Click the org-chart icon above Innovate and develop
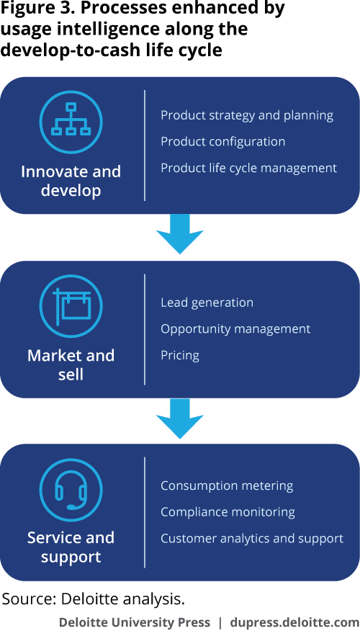pyautogui.click(x=71, y=120)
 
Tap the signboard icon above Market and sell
pyautogui.click(x=71, y=305)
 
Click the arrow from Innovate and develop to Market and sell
pyautogui.click(x=180, y=234)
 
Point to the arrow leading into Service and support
pyautogui.click(x=180, y=419)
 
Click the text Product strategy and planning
pyautogui.click(x=247, y=116)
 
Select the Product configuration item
pyautogui.click(x=222, y=142)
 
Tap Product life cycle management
pyautogui.click(x=248, y=168)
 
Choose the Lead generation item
pyautogui.click(x=207, y=303)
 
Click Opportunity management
pyautogui.click(x=235, y=329)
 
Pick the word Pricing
pyautogui.click(x=180, y=355)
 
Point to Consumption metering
pyautogui.click(x=227, y=485)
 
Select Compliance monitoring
pyautogui.click(x=228, y=512)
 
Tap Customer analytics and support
pyautogui.click(x=252, y=539)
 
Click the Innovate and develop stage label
pyautogui.click(x=71, y=181)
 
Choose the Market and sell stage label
pyautogui.click(x=71, y=365)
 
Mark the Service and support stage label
pyautogui.click(x=71, y=547)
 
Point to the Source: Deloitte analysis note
pyautogui.click(x=94, y=599)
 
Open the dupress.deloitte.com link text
pyautogui.click(x=294, y=622)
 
